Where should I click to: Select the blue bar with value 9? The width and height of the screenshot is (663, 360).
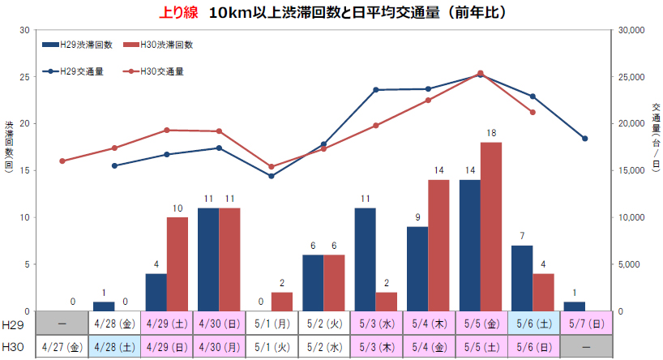coord(417,268)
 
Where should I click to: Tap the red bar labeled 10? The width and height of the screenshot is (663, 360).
coord(178,264)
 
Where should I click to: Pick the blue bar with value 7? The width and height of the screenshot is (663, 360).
coord(522,278)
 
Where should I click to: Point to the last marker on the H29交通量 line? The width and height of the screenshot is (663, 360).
coord(584,139)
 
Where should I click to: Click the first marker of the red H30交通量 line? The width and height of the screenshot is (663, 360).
coord(62,161)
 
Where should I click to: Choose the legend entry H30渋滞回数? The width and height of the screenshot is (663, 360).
coord(158,45)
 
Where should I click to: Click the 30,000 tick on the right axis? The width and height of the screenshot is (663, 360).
coord(630,30)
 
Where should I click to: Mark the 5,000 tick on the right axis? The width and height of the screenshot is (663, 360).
coord(627,264)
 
